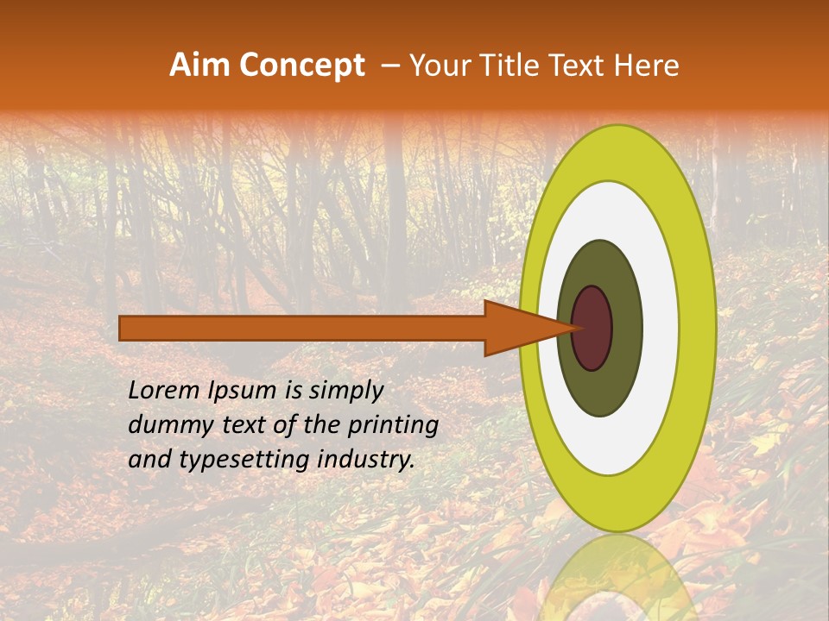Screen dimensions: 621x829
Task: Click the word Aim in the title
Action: pos(200,66)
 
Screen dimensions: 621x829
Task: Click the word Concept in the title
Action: pos(301,66)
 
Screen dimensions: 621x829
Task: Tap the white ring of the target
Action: pos(661,328)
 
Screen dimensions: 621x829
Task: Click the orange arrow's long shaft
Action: pos(302,328)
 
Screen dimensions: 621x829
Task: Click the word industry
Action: pos(368,461)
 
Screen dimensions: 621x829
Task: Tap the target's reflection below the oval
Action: pos(618,578)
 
